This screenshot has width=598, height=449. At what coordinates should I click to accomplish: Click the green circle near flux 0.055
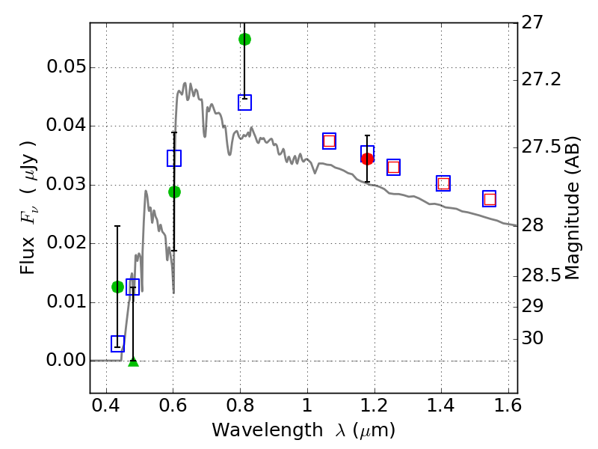[x=244, y=39]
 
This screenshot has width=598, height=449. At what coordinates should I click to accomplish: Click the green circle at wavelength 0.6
[x=174, y=192]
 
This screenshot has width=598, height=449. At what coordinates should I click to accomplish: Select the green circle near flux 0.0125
[x=117, y=287]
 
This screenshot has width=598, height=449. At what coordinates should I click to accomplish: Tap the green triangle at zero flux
[x=133, y=362]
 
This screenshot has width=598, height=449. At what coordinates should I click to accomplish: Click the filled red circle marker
[x=367, y=158]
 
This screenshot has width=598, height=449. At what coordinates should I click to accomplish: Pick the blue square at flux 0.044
[x=244, y=103]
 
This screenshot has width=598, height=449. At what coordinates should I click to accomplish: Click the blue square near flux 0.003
[x=117, y=343]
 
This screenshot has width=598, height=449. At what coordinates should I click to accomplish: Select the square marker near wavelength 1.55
[x=490, y=199]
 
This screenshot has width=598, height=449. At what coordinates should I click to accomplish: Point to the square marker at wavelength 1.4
[x=443, y=183]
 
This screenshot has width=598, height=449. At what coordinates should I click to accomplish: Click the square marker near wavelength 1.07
[x=329, y=141]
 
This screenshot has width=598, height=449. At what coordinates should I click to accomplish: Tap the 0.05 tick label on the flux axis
[x=66, y=67]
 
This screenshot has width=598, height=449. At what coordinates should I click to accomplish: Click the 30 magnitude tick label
[x=531, y=339]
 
